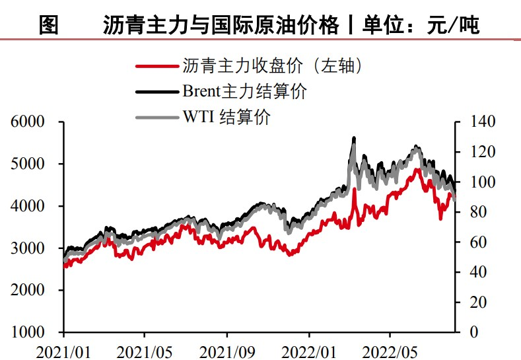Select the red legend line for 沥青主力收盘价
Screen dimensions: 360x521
tap(156, 66)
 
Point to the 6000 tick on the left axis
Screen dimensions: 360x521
tap(27, 122)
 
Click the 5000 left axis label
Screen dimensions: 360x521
tap(27, 164)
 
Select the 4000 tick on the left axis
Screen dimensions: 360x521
tap(27, 206)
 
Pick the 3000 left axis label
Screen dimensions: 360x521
tap(27, 248)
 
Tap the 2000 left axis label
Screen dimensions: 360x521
tap(27, 291)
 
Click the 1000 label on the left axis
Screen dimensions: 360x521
tap(27, 332)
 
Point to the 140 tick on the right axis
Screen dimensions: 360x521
tap(478, 122)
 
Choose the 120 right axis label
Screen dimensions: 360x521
tap(478, 152)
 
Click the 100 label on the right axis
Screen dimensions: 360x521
tap(478, 182)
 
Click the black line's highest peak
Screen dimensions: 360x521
tap(355, 138)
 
